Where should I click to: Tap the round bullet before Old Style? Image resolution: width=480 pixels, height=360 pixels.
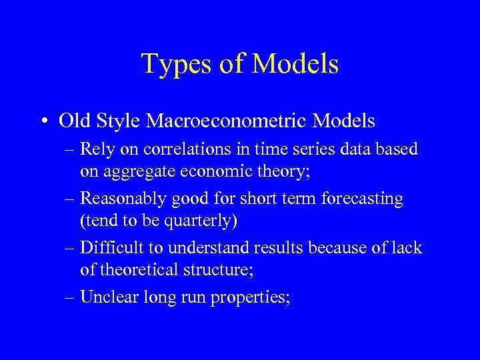click(x=45, y=121)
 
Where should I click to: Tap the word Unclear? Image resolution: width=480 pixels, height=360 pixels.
click(x=107, y=297)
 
